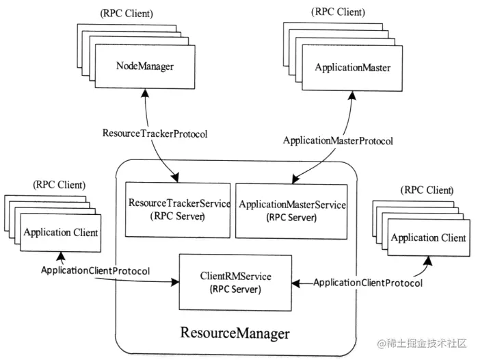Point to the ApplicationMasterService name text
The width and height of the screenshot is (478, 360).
[x=293, y=205]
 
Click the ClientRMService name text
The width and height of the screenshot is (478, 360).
[x=236, y=276]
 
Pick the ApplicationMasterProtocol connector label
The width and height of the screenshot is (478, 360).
[x=338, y=141]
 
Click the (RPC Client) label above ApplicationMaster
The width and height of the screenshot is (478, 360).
[x=338, y=12]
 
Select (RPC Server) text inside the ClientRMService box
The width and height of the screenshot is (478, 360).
[x=236, y=289]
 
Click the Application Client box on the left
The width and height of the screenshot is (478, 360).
[x=61, y=233]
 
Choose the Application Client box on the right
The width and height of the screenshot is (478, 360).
[x=428, y=238]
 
